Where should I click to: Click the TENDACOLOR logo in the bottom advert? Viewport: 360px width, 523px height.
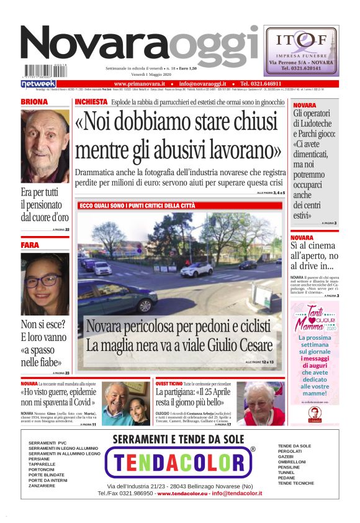pos(180,462)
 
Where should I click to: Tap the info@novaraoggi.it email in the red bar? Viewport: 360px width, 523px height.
pos(203,83)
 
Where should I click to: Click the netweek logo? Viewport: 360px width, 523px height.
pos(38,84)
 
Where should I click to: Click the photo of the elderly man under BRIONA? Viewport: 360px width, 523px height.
pos(45,145)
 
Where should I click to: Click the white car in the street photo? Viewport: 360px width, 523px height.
pos(197,269)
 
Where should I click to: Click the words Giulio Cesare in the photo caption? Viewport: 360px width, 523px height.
pos(235,345)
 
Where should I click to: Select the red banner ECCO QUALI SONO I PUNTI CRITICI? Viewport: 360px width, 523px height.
pos(137,206)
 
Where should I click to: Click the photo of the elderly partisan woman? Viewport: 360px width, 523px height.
pos(261,403)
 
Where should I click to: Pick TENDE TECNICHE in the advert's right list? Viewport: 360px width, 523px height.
pos(296,483)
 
